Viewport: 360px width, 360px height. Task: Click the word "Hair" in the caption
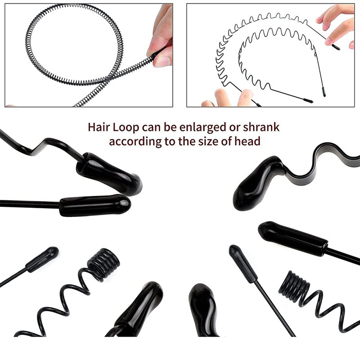98,127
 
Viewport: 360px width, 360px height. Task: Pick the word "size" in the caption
208,141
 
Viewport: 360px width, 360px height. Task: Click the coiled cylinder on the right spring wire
294,286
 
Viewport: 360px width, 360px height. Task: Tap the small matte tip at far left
42,259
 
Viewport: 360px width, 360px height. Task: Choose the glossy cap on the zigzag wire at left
109,173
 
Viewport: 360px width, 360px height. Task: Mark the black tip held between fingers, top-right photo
335,47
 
